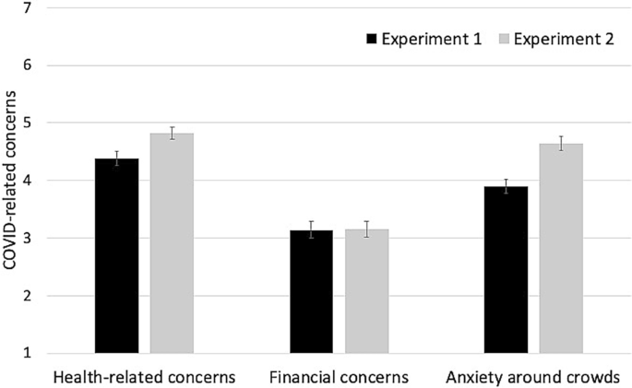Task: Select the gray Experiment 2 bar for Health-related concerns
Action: (x=172, y=243)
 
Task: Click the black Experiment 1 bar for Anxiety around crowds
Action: (x=506, y=270)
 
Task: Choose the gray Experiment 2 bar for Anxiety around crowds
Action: (x=561, y=249)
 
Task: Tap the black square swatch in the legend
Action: (x=373, y=39)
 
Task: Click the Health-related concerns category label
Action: (x=145, y=378)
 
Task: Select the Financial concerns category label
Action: (x=339, y=378)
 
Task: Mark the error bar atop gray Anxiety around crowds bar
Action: (x=561, y=143)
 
